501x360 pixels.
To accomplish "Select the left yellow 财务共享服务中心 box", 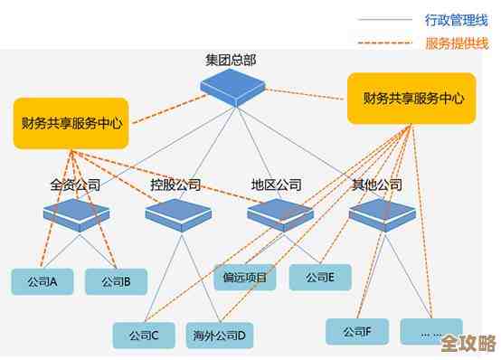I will click(71, 120).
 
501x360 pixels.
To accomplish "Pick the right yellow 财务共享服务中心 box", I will click(410, 98).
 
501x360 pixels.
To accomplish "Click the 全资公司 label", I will click(75, 185).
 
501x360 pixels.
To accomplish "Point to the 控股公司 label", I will click(175, 185).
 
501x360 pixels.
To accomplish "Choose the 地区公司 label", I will click(277, 185).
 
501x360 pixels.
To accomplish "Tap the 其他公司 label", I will click(377, 185).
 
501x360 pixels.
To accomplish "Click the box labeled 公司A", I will click(43, 281).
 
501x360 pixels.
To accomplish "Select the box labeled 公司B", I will click(116, 281).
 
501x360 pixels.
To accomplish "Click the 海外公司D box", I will click(218, 335).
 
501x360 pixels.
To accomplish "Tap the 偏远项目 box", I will click(244, 277).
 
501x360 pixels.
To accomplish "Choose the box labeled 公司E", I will click(320, 277).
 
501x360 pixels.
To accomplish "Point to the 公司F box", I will click(357, 331).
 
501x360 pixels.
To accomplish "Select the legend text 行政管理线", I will click(457, 18).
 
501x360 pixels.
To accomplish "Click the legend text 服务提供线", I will click(457, 43).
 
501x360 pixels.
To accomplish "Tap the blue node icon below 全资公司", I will click(76, 213).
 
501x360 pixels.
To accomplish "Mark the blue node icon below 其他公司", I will click(381, 213).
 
